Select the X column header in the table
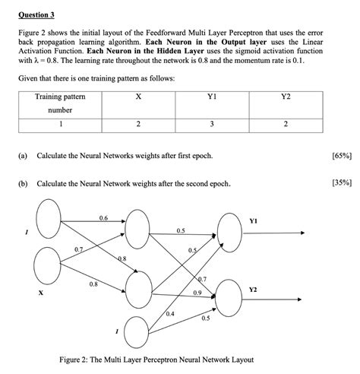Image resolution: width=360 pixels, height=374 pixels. pos(137,97)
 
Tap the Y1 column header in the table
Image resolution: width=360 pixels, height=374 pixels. pos(212,97)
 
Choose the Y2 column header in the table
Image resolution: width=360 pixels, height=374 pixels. pos(285,97)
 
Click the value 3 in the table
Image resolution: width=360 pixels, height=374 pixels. pos(212,124)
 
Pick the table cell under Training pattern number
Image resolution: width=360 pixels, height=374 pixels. pos(59,124)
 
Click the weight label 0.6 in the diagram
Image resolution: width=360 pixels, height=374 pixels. pos(103,218)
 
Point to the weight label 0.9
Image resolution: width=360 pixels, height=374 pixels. pos(197,293)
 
